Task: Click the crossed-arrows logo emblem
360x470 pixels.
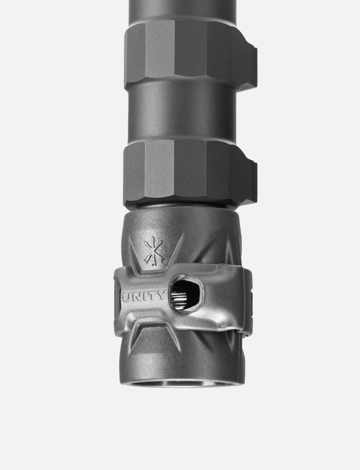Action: point(154,251)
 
